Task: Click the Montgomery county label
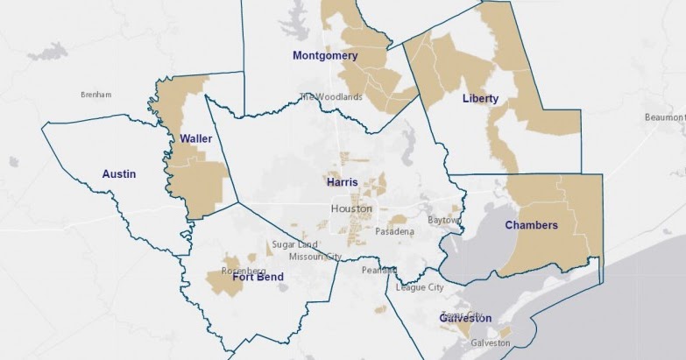click(x=325, y=56)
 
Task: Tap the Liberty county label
click(x=480, y=99)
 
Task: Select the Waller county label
click(x=196, y=138)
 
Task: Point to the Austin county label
click(x=118, y=174)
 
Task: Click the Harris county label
click(x=342, y=183)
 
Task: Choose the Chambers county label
click(x=531, y=225)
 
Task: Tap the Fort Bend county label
click(x=258, y=278)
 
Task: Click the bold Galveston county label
click(x=464, y=319)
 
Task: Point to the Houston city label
click(x=351, y=209)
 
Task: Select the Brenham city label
click(x=95, y=95)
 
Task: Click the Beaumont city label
click(x=667, y=116)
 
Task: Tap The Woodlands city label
click(x=330, y=97)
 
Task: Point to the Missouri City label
click(x=315, y=257)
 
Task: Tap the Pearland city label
click(x=379, y=271)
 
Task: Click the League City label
click(x=420, y=287)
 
